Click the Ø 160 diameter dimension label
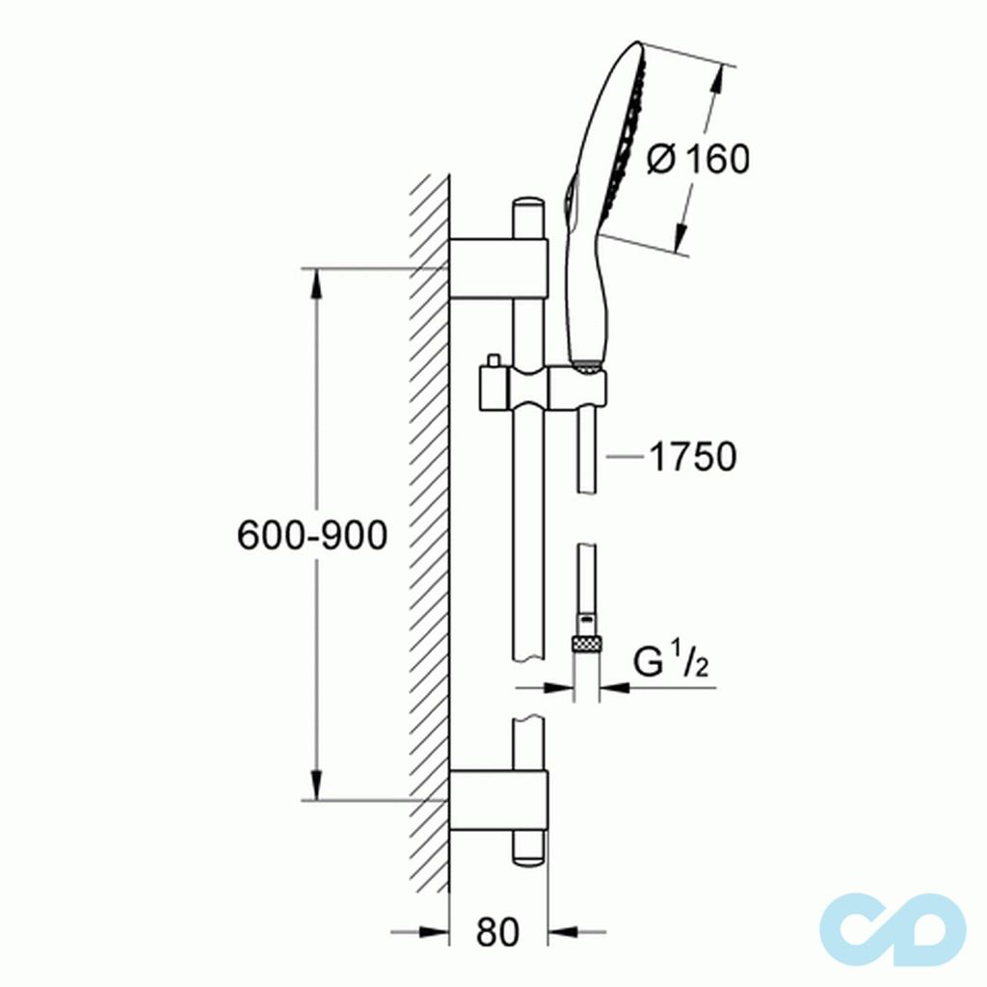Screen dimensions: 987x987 tap(700, 159)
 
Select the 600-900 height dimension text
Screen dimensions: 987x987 tap(312, 536)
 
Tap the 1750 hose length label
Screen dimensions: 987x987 tap(691, 457)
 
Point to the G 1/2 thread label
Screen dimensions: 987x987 tap(671, 664)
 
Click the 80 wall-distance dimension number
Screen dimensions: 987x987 tap(497, 932)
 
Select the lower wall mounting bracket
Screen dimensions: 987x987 tap(498, 799)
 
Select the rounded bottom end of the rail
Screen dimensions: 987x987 tap(528, 853)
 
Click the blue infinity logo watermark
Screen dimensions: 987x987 tap(893, 930)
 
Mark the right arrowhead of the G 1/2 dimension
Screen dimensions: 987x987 tap(614, 687)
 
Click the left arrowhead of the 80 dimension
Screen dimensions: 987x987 tap(435, 932)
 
